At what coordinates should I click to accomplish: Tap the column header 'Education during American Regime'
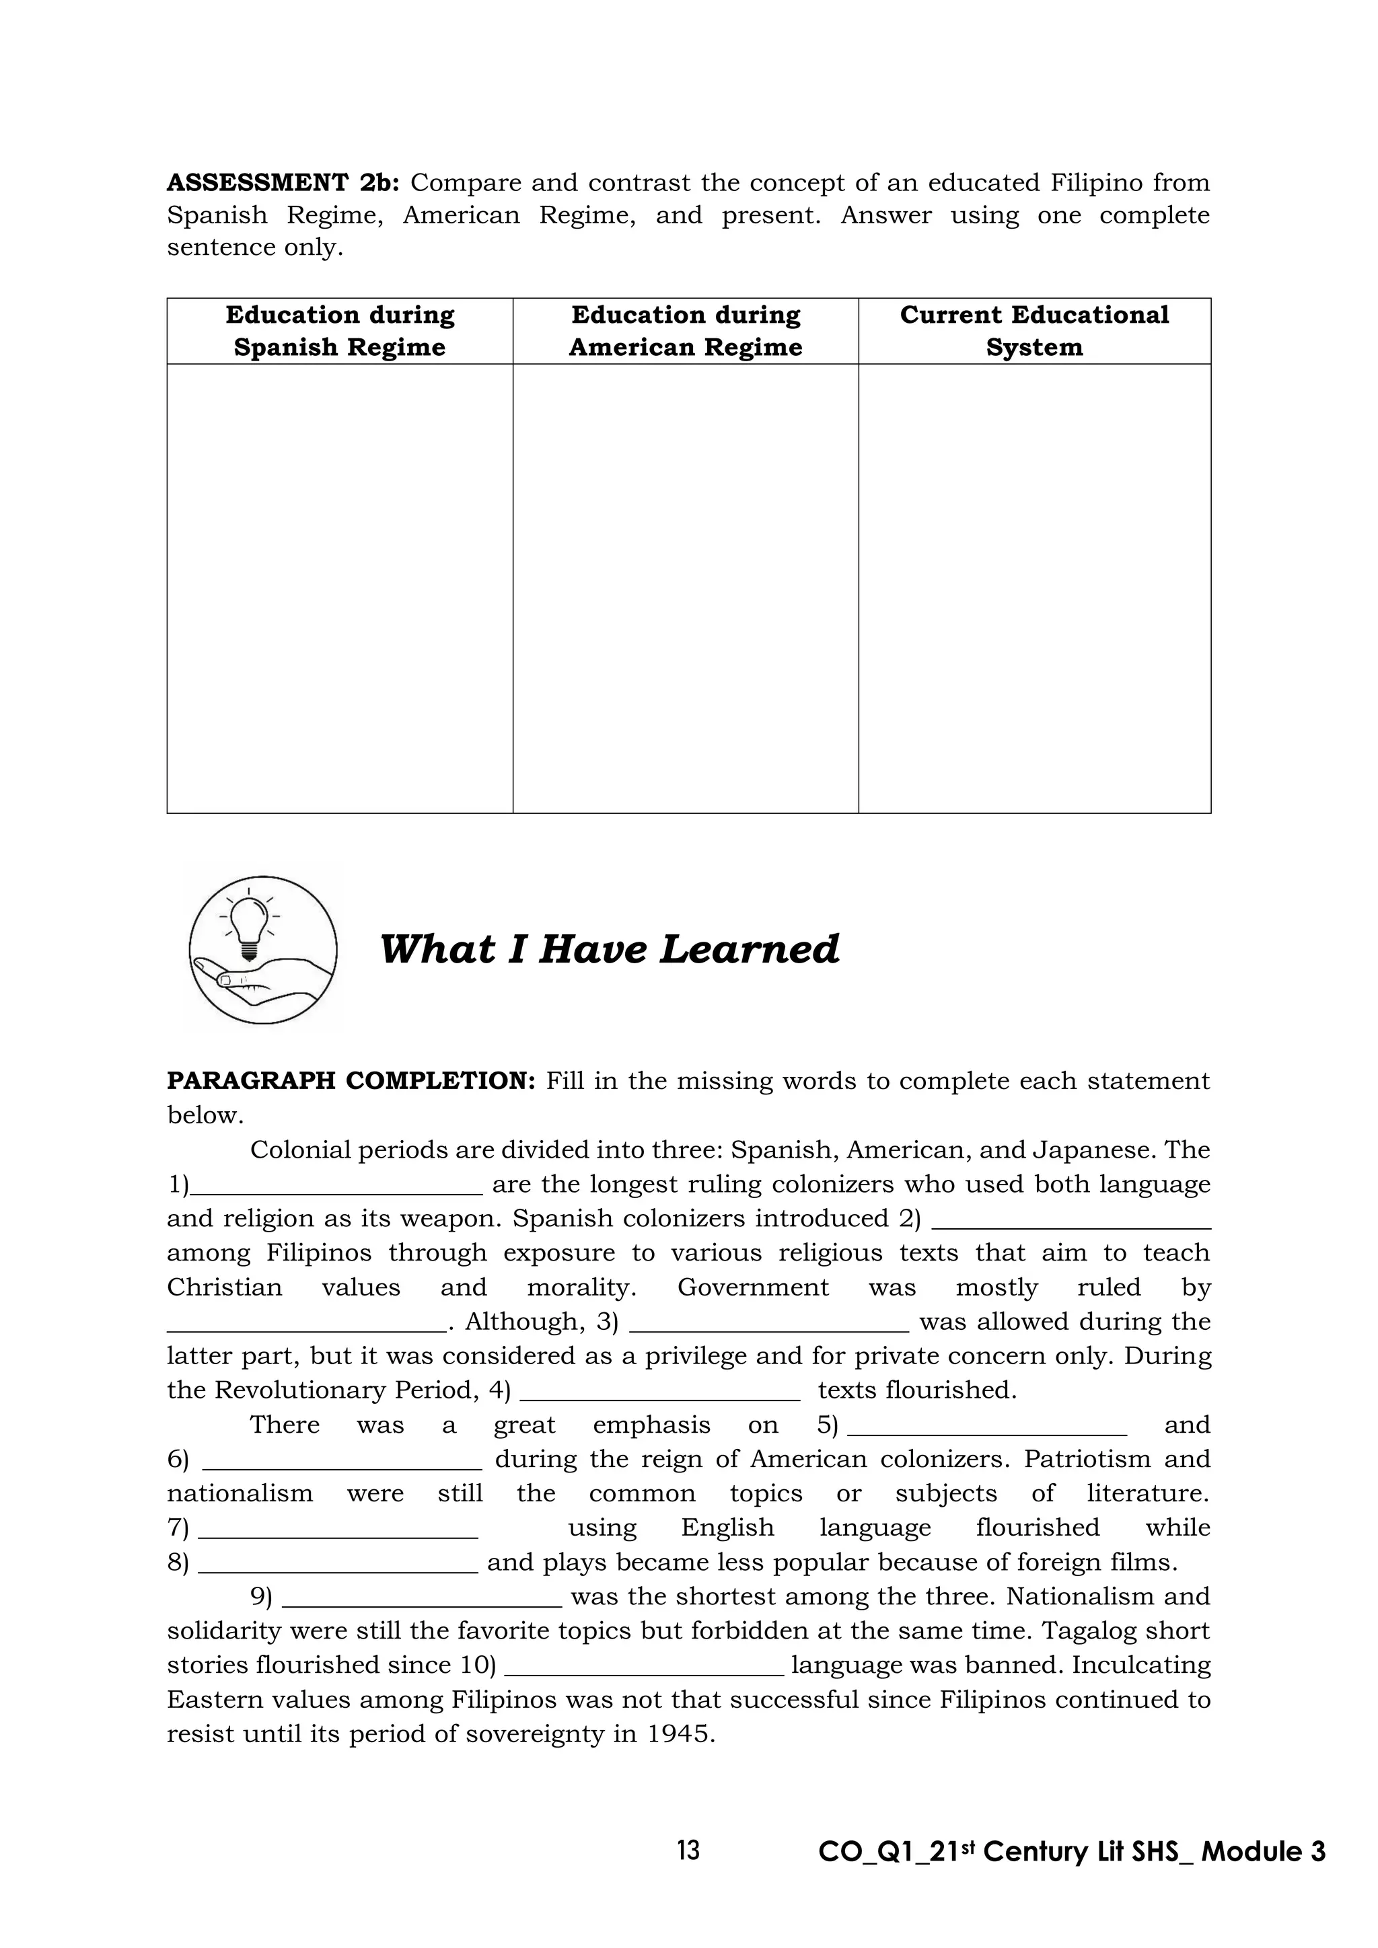(686, 331)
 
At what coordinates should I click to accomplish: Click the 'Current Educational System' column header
(1034, 331)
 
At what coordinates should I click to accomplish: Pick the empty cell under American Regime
(686, 588)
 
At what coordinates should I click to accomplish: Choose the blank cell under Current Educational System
(1034, 588)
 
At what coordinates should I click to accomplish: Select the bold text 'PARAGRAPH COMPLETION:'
(351, 1082)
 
